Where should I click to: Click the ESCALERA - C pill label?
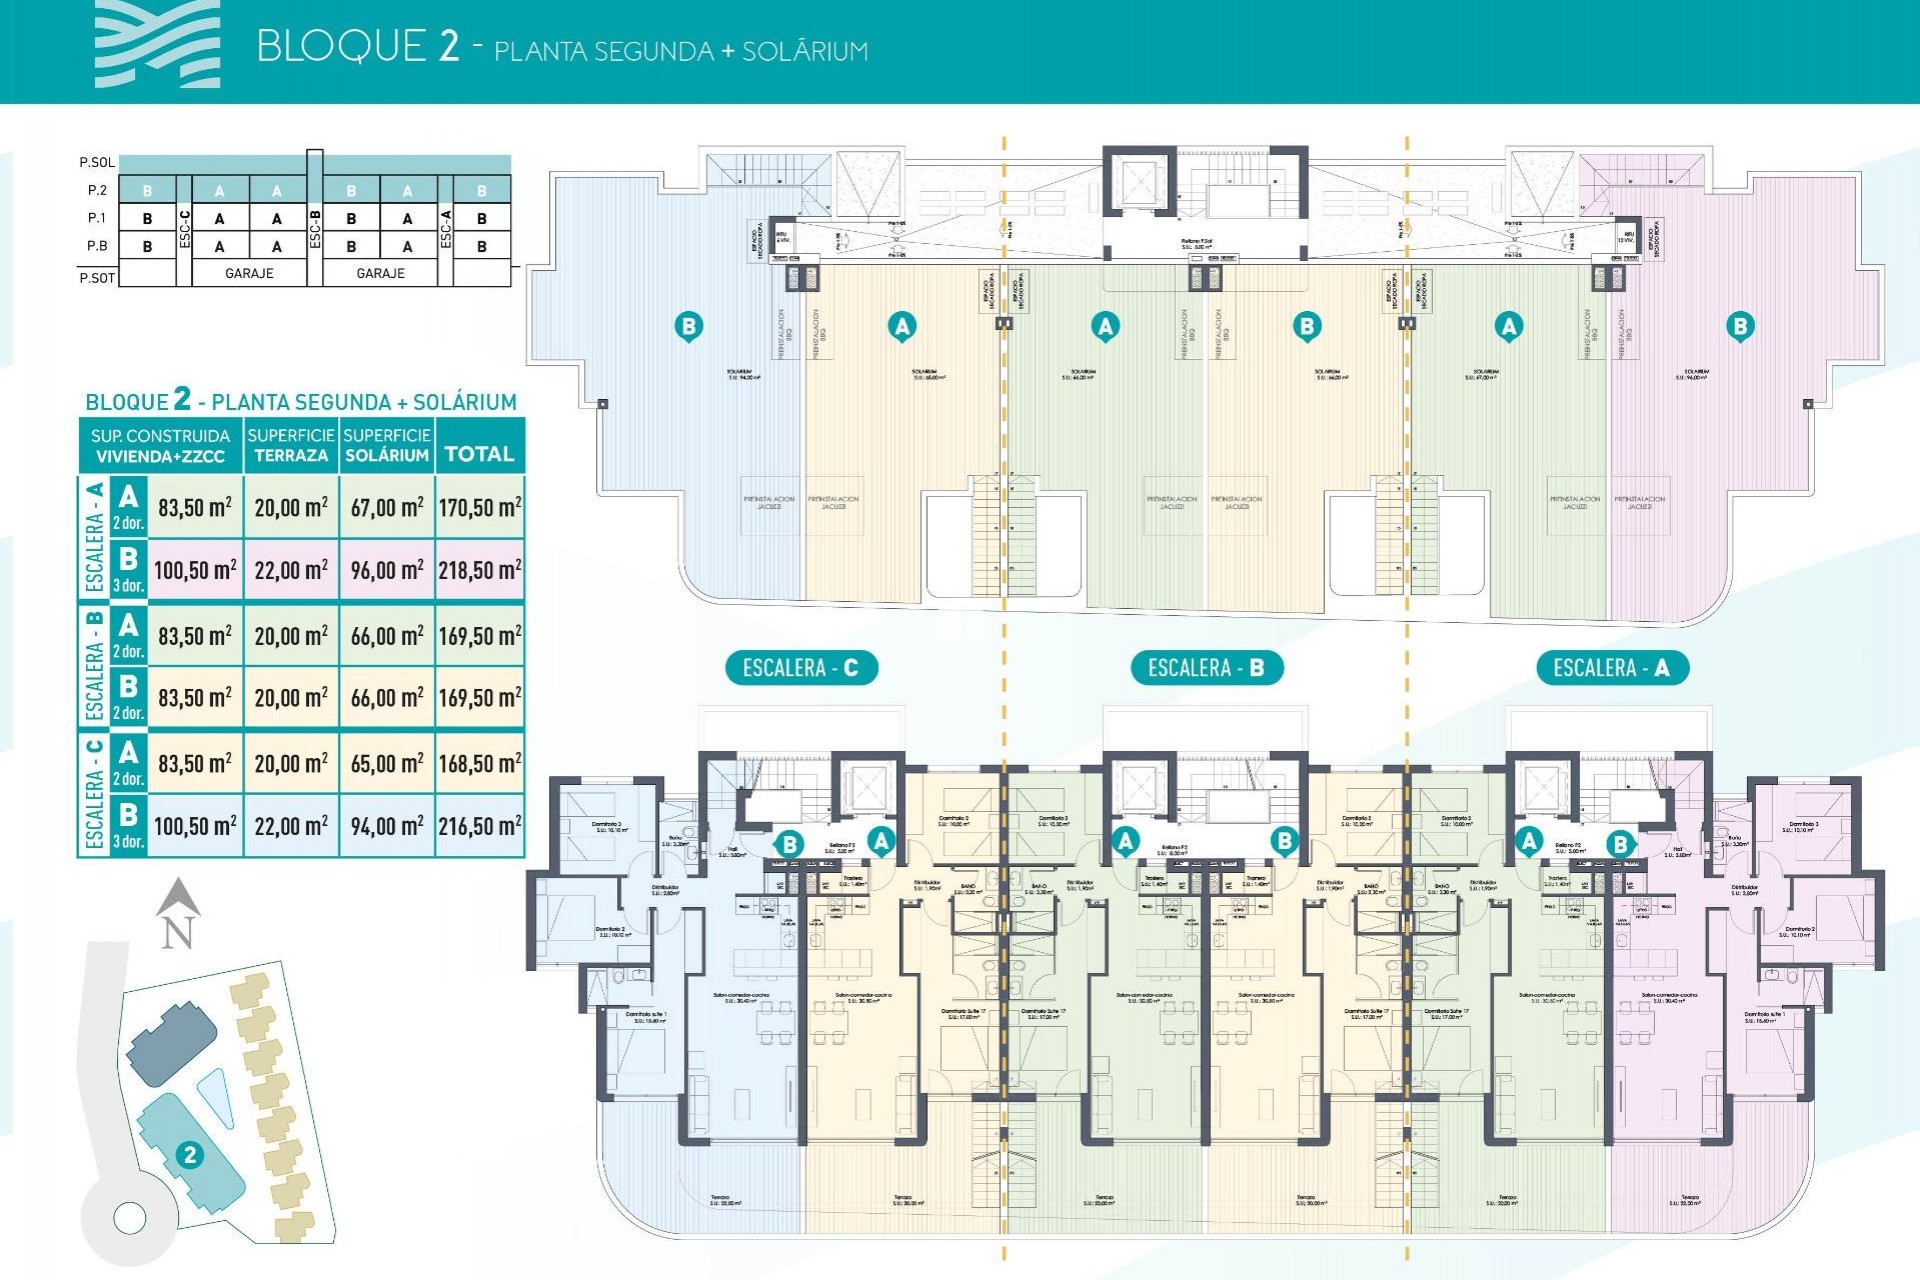pos(801,668)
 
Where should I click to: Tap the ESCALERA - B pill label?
pos(1206,668)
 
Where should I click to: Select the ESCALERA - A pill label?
pos(1611,668)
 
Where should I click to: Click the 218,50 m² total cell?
pos(480,570)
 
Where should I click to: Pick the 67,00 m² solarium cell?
pos(387,507)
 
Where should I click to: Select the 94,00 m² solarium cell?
pos(387,826)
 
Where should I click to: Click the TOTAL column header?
pos(479,454)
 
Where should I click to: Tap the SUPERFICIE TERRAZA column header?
pos(291,445)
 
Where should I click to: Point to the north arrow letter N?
pos(178,933)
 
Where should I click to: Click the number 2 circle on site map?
pos(189,1156)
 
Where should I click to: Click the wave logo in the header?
pos(158,44)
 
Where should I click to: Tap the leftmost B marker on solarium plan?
pos(688,326)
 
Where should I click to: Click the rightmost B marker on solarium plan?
pos(1740,326)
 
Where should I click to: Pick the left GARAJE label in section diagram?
pos(249,273)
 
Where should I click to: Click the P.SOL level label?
pos(97,162)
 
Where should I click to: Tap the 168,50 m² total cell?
pos(480,763)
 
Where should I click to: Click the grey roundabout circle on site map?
pos(130,1218)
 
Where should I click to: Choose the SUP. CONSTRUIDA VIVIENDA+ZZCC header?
pos(160,446)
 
